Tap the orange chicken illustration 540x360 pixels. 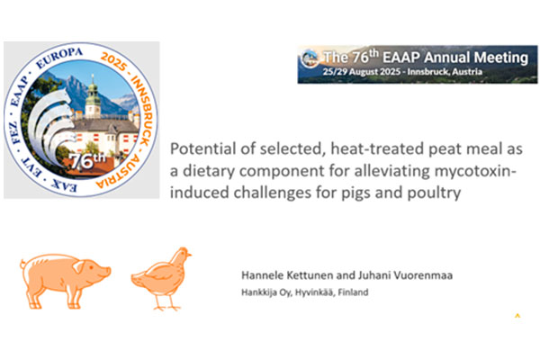tap(161, 279)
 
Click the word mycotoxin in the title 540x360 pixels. tap(475, 171)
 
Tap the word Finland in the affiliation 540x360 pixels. tap(353, 292)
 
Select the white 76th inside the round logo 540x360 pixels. tap(88, 161)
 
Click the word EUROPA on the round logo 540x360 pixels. tap(59, 58)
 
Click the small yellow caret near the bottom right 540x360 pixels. tap(517, 315)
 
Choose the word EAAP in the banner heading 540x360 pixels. tap(401, 58)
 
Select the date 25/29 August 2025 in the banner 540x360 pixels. tap(362, 72)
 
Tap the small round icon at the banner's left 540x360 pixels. tap(310, 58)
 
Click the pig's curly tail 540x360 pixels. tap(22, 265)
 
